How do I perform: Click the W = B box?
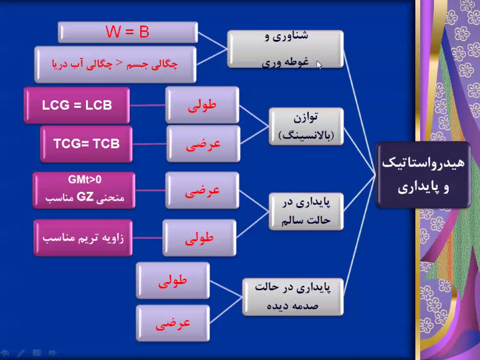point(128,32)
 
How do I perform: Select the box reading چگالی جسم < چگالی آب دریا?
point(115,64)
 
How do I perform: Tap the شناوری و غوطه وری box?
point(286,49)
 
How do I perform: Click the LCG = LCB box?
point(77,105)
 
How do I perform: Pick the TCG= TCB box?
point(86,144)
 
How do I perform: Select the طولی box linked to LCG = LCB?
point(203,105)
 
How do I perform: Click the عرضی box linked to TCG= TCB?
point(203,144)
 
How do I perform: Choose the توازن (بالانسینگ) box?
point(306,126)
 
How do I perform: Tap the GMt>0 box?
point(84,190)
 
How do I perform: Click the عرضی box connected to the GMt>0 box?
point(202,190)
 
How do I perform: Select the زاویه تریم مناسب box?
point(83,238)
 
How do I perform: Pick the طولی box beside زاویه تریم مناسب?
point(199,238)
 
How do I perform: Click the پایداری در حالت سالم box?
point(306,211)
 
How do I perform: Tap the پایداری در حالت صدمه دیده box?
point(292,296)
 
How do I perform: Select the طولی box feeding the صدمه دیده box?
point(173,280)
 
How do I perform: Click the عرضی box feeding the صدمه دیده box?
point(173,323)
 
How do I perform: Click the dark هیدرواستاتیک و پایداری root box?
point(423,175)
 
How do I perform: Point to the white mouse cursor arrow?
point(319,65)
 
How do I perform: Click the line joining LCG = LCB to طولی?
point(148,105)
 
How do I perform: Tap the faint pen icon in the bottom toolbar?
point(21,353)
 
